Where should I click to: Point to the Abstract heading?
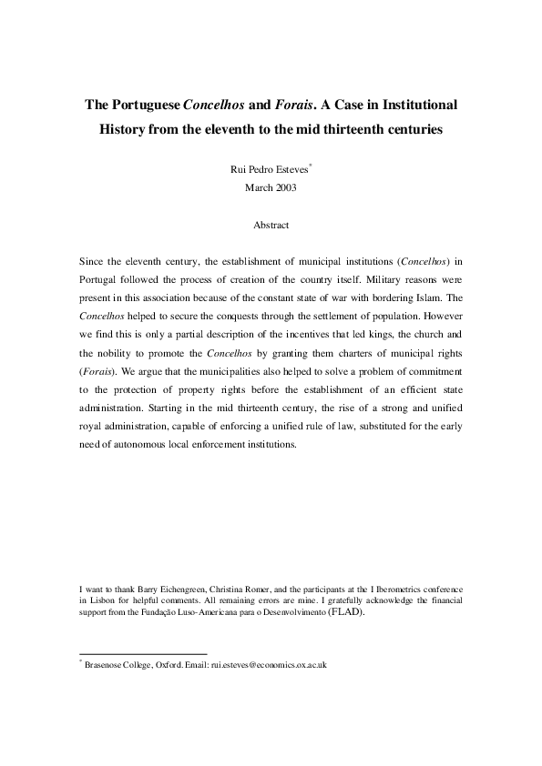[271, 224]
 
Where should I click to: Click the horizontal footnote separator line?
[144, 653]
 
